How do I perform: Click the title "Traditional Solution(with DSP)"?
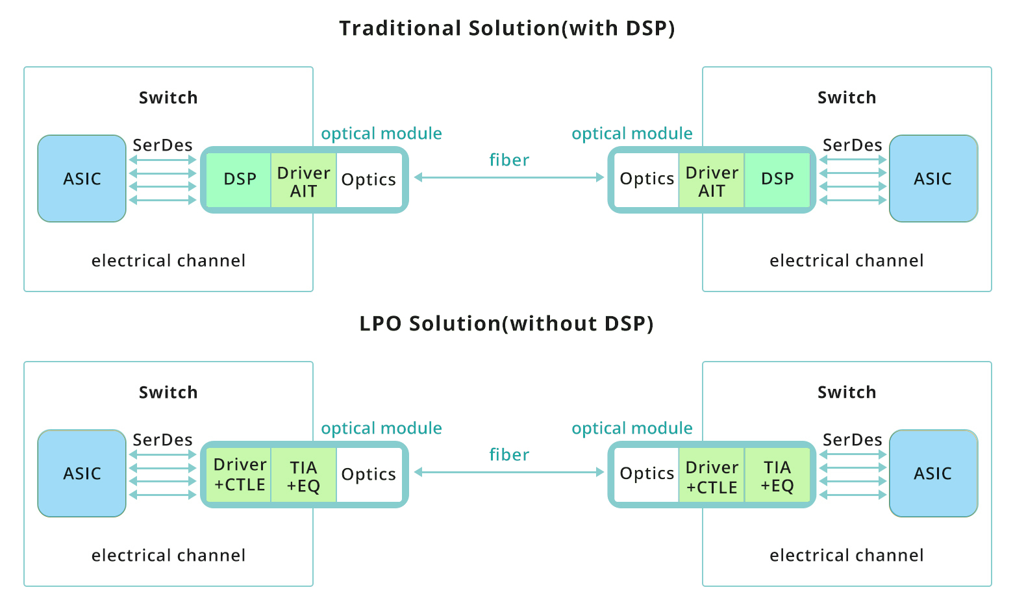click(x=506, y=29)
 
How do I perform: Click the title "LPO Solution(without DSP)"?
click(x=506, y=323)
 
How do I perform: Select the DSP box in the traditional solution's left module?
click(x=239, y=180)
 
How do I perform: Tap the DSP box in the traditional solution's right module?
click(x=777, y=180)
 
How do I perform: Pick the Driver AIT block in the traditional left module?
click(x=303, y=181)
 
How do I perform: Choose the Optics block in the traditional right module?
click(x=647, y=180)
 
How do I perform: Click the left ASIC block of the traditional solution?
click(x=82, y=179)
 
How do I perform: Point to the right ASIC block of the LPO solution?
click(x=933, y=473)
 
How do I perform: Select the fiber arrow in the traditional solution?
click(x=509, y=177)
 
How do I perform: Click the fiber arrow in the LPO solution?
click(x=509, y=472)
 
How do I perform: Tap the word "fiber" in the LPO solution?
click(x=509, y=454)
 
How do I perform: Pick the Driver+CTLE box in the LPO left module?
click(x=239, y=475)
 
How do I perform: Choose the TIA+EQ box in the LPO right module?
click(x=777, y=476)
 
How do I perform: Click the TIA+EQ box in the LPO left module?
click(x=303, y=476)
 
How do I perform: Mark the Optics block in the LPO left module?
click(x=369, y=475)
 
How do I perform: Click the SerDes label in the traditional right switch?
click(x=852, y=145)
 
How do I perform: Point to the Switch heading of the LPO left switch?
click(x=168, y=392)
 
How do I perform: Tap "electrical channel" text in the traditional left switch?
click(x=168, y=261)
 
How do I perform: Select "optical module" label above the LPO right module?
click(x=632, y=428)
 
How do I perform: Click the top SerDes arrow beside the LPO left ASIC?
click(x=163, y=454)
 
